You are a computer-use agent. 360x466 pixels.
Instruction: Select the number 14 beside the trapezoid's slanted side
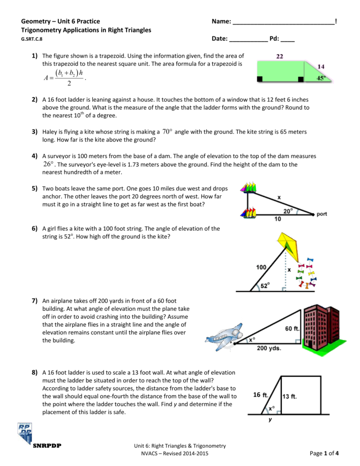322,67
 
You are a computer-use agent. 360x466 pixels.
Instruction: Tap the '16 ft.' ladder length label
261,395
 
